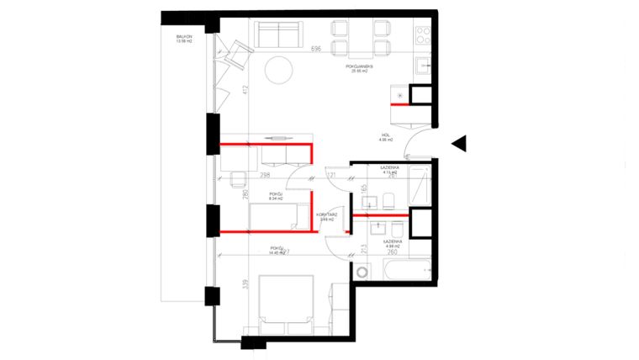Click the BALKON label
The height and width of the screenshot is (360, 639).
184,38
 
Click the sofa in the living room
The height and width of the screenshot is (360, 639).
280,34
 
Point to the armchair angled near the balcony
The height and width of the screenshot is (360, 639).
240,55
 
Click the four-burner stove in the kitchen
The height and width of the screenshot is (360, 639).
422,34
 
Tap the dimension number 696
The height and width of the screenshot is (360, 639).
317,50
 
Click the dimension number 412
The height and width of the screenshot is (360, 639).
246,91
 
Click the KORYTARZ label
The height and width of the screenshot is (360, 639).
327,214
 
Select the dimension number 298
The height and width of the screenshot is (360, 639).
265,175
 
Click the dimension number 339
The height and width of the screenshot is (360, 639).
246,284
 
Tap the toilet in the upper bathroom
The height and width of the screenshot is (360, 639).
389,199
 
